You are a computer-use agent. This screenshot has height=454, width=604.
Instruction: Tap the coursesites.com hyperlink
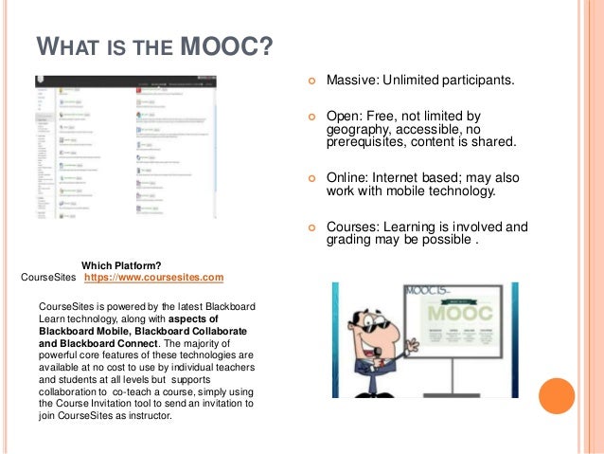153,278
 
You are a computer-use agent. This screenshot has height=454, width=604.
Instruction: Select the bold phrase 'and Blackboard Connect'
99,343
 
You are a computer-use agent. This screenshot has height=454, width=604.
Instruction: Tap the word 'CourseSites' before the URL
48,278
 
